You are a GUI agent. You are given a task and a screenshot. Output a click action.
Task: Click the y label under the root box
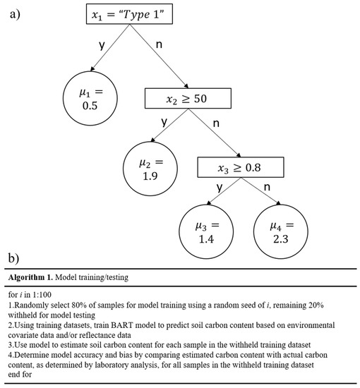click(102, 46)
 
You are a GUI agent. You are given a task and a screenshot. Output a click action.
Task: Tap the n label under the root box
click(159, 44)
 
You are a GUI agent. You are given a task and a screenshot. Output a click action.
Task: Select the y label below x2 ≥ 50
click(164, 122)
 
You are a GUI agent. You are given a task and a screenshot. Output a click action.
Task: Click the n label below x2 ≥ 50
click(216, 123)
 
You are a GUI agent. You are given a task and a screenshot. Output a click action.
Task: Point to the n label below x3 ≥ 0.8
click(267, 188)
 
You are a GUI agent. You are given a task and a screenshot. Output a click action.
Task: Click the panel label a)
click(15, 14)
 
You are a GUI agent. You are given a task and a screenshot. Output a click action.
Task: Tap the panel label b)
click(13, 258)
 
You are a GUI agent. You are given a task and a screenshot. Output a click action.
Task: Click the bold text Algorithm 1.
click(30, 277)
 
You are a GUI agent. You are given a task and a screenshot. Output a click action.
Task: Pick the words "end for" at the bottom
click(20, 375)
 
